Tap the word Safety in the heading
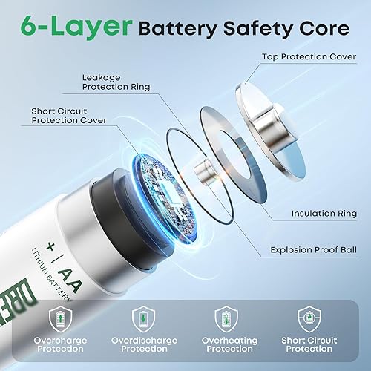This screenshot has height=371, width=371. point(255,30)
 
